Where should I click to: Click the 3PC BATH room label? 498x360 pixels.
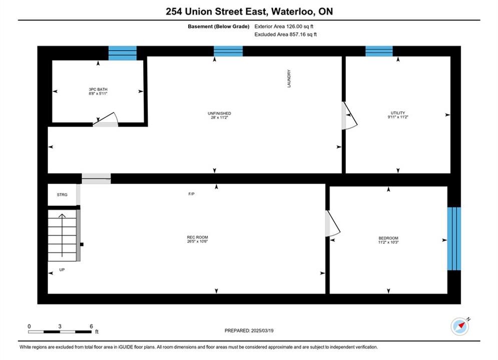point(98,89)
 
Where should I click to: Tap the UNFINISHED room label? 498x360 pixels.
point(219,113)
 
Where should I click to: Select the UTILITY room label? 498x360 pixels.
point(397,113)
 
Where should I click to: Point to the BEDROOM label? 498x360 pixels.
point(388,238)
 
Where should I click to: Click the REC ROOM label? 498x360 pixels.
point(197,237)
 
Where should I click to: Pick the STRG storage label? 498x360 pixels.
point(62,194)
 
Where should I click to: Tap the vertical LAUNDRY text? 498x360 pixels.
point(289,78)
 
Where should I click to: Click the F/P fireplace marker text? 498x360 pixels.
point(191,194)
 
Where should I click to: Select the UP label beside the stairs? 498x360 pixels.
point(62,269)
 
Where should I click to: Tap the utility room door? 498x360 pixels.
point(349,115)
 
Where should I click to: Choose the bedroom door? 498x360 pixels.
point(332,223)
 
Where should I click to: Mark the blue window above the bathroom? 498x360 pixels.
point(123,53)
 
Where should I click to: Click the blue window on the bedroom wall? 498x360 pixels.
point(454,239)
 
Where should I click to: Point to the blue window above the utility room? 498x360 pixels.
point(379,51)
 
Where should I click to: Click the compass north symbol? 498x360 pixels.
point(460,326)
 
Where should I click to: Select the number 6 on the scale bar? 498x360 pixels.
point(91,326)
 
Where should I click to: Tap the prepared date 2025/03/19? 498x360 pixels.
point(262,330)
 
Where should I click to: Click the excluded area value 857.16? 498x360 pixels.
point(297,34)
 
